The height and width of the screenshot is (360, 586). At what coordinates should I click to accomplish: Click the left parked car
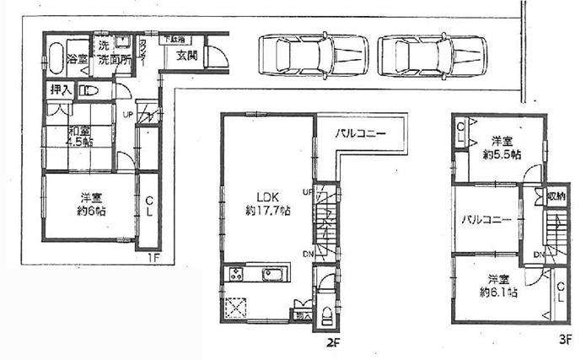(309, 56)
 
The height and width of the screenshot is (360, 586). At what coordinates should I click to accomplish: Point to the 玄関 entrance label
(187, 56)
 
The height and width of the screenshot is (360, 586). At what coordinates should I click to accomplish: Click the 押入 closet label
(60, 89)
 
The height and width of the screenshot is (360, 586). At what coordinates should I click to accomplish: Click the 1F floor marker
(156, 256)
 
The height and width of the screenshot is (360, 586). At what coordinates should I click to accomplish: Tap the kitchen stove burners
(236, 274)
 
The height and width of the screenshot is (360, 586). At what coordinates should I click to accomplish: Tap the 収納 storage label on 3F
(556, 196)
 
